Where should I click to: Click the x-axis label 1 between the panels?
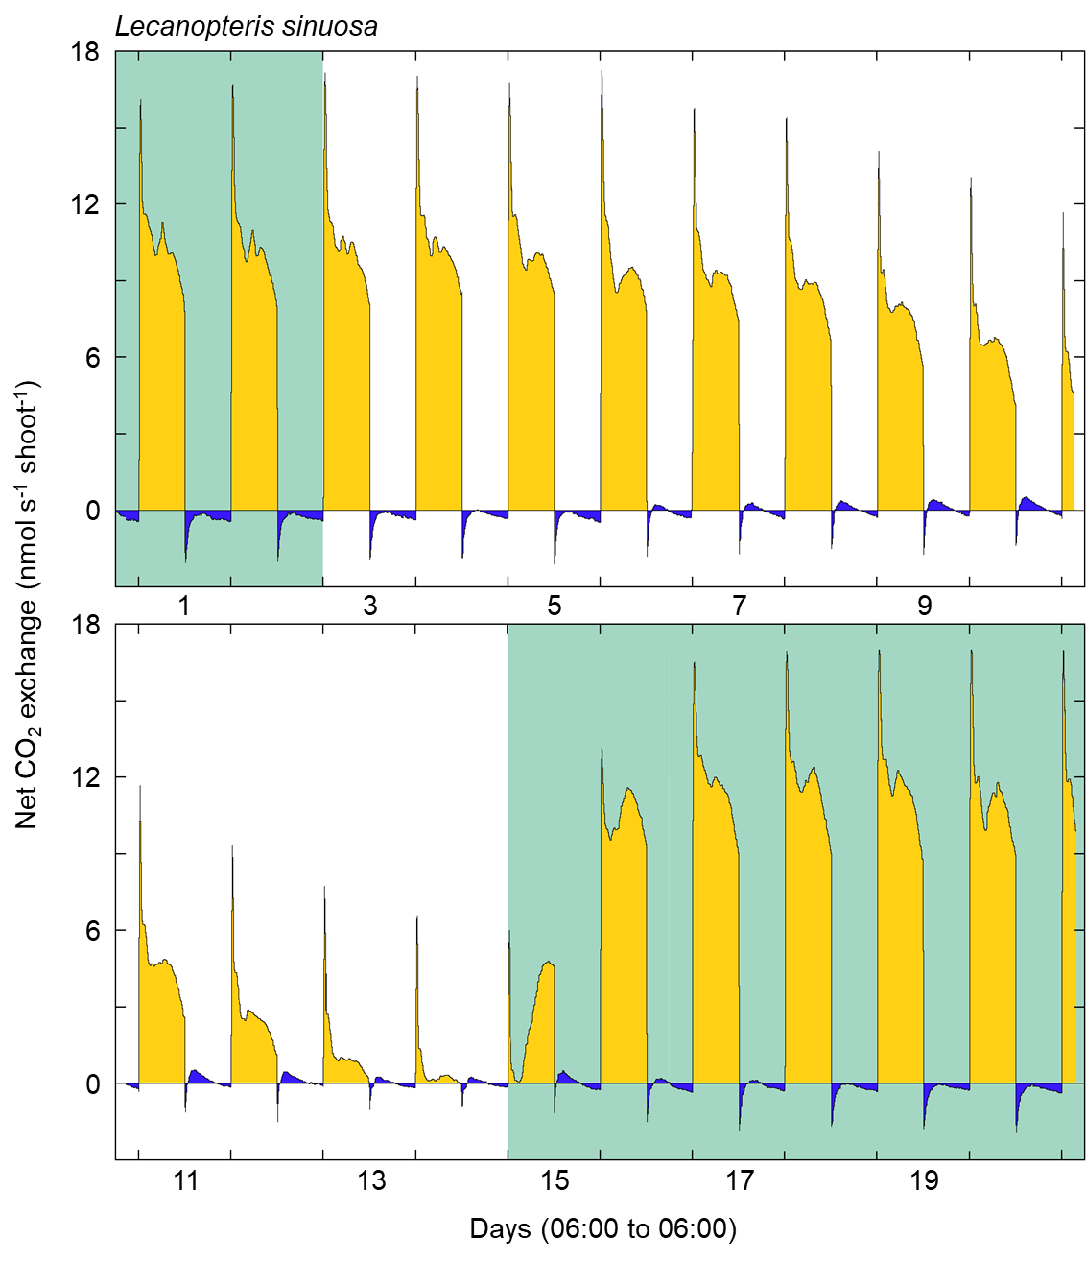185,606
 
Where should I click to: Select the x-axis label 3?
370,606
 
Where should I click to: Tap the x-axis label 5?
555,606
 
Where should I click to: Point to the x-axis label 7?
740,606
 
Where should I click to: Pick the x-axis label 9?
924,606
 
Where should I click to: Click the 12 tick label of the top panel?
85,204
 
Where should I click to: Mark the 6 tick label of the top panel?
92,358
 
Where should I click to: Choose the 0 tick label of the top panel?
92,511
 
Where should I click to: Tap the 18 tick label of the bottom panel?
85,626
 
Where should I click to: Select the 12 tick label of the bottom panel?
85,777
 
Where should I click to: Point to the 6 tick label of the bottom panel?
92,931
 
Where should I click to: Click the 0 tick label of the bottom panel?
92,1083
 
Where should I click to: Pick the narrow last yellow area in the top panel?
1069,451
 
